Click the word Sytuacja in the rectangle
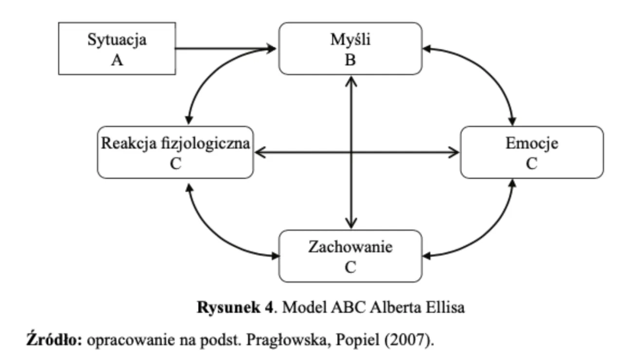(x=117, y=40)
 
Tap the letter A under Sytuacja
(x=117, y=61)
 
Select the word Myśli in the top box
(x=350, y=40)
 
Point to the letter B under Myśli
(x=350, y=61)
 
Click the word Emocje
(x=531, y=144)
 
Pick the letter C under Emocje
(x=531, y=164)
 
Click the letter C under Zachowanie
(x=350, y=268)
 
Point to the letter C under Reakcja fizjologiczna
(x=175, y=164)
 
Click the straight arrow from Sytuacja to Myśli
(x=224, y=49)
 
